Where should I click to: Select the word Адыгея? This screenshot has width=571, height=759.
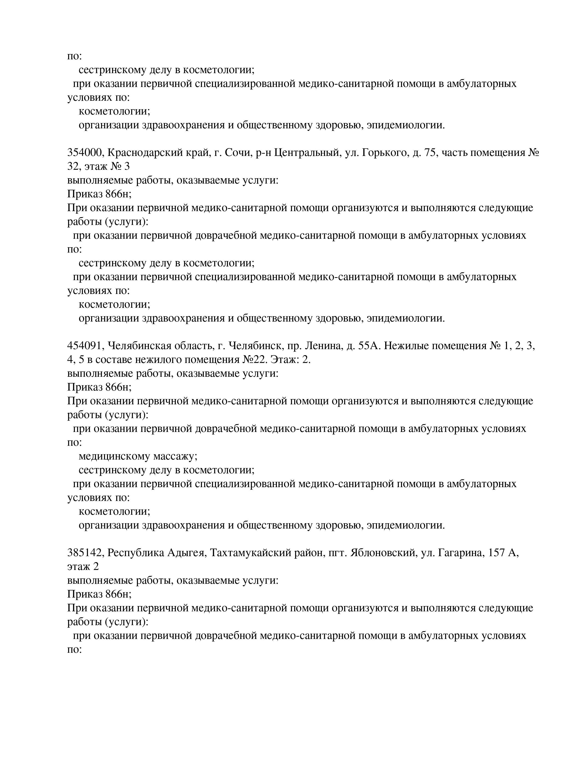tap(186, 552)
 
